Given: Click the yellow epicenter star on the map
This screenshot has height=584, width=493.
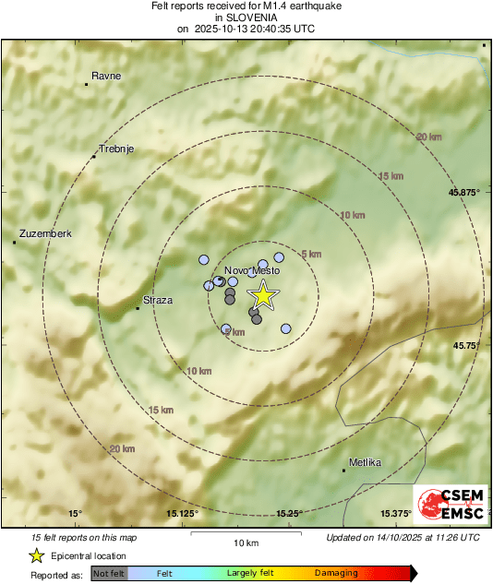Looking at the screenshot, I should pyautogui.click(x=263, y=295).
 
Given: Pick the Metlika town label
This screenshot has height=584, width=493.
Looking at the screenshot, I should pyautogui.click(x=366, y=462).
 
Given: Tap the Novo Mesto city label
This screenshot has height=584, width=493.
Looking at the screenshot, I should pyautogui.click(x=252, y=270).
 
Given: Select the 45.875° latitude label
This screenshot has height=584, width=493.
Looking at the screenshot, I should pyautogui.click(x=464, y=192).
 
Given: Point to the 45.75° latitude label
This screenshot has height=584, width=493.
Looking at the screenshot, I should pyautogui.click(x=466, y=345).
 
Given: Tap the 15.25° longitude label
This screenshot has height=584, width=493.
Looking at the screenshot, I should pyautogui.click(x=289, y=513).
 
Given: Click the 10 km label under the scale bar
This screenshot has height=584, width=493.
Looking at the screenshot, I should pyautogui.click(x=246, y=542).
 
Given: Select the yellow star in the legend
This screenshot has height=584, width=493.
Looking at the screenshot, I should pyautogui.click(x=37, y=555).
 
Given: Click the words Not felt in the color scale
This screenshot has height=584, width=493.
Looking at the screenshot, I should pyautogui.click(x=110, y=573).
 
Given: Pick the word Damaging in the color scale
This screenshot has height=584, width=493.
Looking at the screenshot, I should pyautogui.click(x=336, y=573).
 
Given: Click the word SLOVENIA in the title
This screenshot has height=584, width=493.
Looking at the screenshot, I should pyautogui.click(x=246, y=17).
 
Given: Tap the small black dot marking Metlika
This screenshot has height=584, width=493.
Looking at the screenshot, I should pyautogui.click(x=344, y=471).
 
